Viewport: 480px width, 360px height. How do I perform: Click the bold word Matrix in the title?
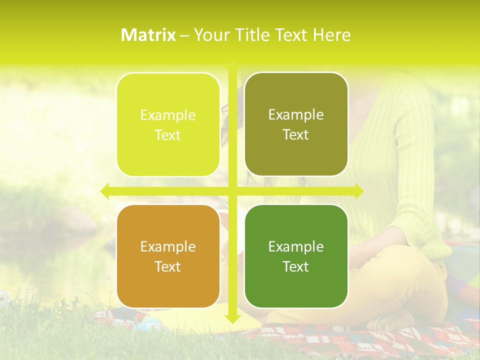tap(148, 35)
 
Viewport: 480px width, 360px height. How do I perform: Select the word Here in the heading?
tap(331, 35)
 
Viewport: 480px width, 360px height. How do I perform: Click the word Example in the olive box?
tap(296, 115)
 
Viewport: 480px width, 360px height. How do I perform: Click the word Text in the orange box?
tap(168, 266)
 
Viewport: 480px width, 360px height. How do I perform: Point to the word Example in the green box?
tap(296, 246)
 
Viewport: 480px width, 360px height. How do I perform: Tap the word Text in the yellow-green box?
tap(168, 135)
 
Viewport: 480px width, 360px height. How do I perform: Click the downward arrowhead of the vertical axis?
tap(232, 319)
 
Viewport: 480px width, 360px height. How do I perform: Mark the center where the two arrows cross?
tap(232, 191)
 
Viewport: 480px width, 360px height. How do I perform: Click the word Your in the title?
tap(210, 35)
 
